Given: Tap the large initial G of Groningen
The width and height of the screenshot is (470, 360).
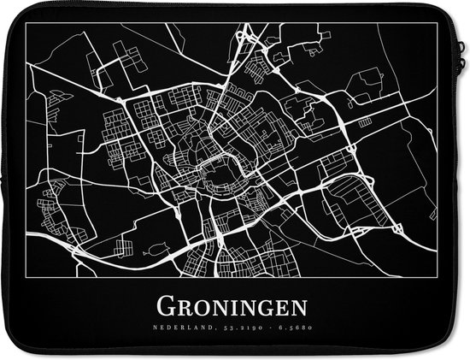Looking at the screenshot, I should tap(162, 306).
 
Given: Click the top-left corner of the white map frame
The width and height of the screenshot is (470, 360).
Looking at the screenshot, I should tap(26, 22).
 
